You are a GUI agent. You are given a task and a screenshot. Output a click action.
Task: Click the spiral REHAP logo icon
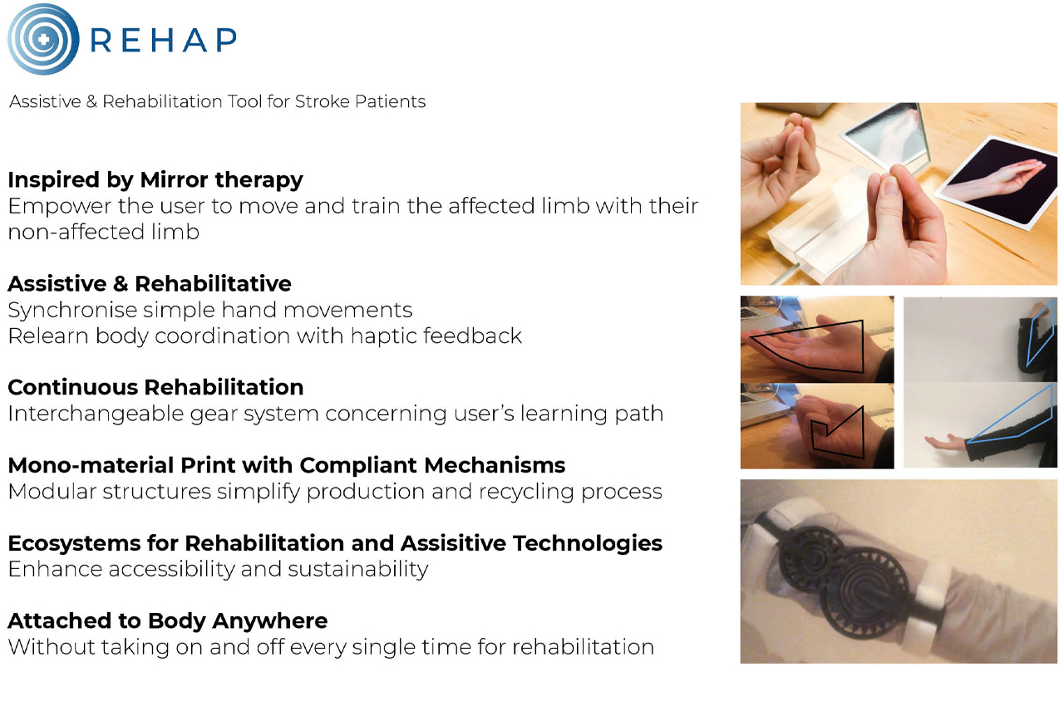click(43, 39)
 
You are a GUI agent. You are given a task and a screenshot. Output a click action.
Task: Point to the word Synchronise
click(72, 310)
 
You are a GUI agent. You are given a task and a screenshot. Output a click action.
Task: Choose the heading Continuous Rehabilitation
click(155, 387)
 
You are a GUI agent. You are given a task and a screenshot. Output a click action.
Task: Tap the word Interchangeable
click(96, 414)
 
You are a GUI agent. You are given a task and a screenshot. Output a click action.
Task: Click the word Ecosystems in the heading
click(74, 543)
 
